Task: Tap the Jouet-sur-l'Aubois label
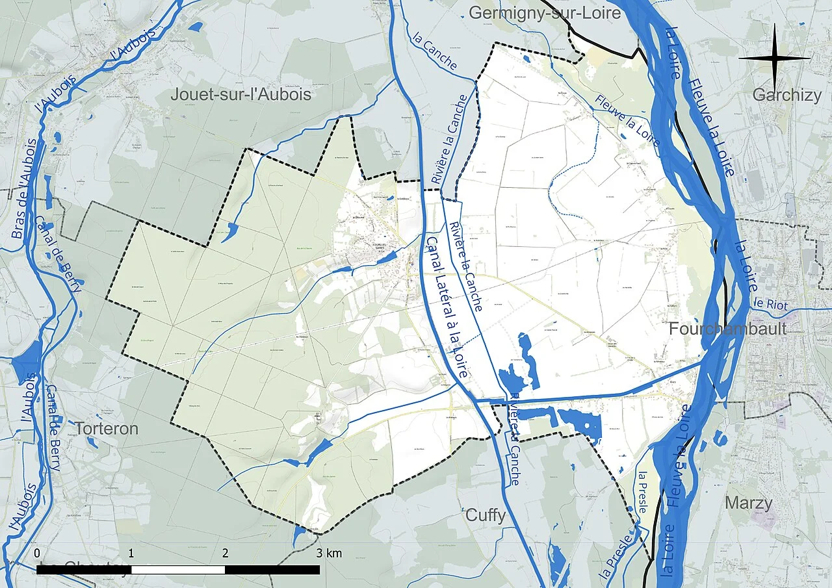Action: tap(240, 95)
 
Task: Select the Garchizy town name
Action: tap(786, 96)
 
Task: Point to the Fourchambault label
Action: tap(728, 329)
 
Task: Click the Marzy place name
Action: tap(749, 503)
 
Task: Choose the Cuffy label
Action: tap(486, 516)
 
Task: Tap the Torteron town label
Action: tap(107, 429)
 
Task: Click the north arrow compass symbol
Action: tap(774, 58)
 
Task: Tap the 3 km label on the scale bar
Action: tap(329, 554)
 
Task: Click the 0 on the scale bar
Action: tap(37, 554)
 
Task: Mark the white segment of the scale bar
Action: tap(178, 570)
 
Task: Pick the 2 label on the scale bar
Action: tap(226, 554)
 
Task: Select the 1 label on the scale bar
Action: tap(131, 554)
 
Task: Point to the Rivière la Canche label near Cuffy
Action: tap(513, 438)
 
